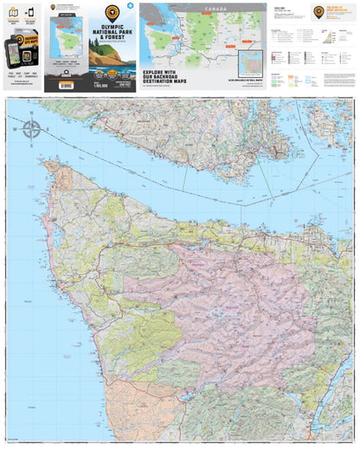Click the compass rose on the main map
pos(31,131)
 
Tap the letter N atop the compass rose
pos(31,119)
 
